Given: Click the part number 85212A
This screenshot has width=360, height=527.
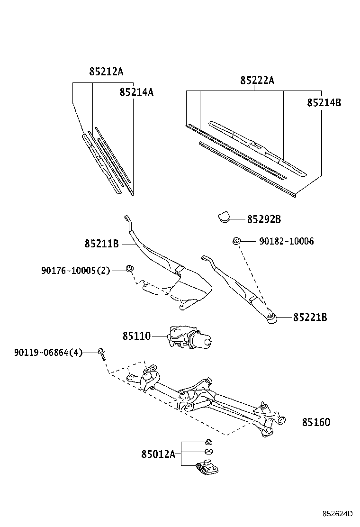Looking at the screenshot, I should (x=106, y=72).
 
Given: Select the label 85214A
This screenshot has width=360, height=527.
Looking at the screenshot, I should (x=136, y=92).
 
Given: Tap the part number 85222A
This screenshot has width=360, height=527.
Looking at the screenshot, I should (x=257, y=81).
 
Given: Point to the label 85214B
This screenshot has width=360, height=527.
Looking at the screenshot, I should (x=324, y=102).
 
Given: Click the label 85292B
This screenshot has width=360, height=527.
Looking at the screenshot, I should (x=264, y=219).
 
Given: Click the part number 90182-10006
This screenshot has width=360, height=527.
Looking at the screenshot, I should (x=286, y=242).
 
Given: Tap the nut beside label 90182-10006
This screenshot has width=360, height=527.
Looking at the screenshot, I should (x=235, y=242).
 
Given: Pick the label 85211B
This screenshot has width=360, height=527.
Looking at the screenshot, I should (x=101, y=244).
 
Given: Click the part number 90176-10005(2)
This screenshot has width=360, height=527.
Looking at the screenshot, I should (x=75, y=271).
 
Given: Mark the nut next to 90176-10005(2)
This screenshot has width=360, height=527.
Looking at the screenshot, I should (x=129, y=269).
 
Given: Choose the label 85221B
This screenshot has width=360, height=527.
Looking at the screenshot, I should (x=310, y=317).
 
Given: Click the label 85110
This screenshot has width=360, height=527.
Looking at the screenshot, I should (x=136, y=336).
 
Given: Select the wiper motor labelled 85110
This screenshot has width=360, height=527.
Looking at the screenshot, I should (x=190, y=338).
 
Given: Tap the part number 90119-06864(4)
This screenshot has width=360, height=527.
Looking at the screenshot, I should (x=48, y=353).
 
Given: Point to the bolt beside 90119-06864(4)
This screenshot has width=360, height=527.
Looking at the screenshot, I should (x=102, y=353).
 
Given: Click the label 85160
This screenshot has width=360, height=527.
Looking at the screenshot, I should (x=316, y=422).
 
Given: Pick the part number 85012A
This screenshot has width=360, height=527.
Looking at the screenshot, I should (x=158, y=454).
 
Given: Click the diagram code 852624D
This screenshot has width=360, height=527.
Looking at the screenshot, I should (x=338, y=514).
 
